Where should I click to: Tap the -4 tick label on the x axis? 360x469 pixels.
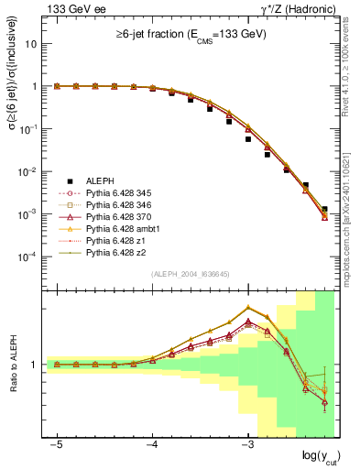click(x=152, y=444)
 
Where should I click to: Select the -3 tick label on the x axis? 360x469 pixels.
click(x=248, y=444)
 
